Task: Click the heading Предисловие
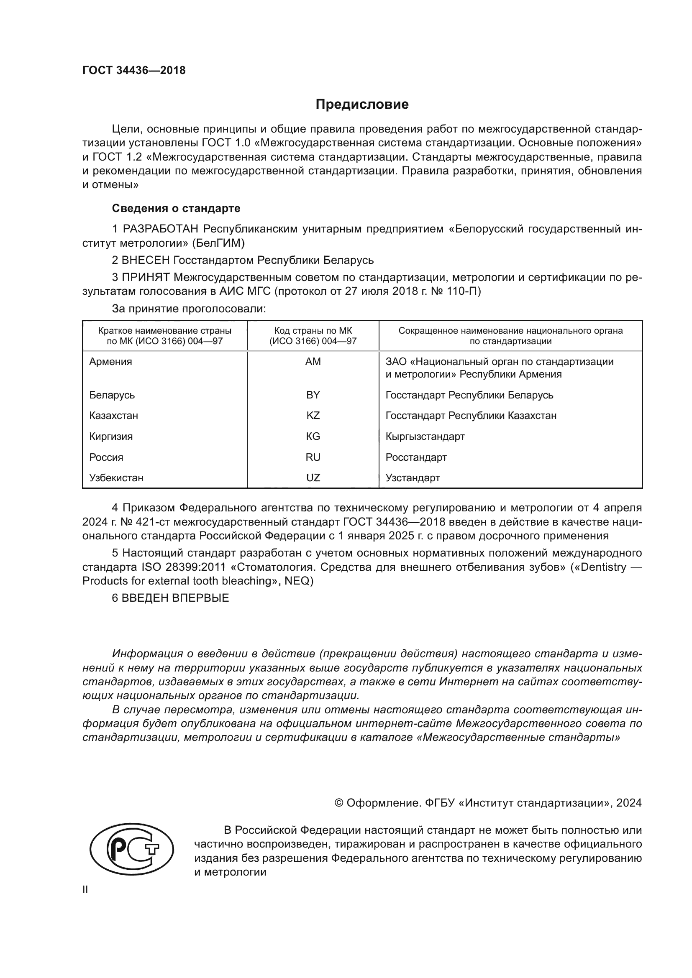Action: coord(362,105)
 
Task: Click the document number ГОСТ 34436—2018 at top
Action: coord(134,71)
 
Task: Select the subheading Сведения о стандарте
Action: coord(176,208)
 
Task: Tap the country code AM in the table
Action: coord(313,362)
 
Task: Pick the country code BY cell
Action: coord(313,395)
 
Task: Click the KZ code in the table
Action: coord(313,415)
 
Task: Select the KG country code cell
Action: coord(313,436)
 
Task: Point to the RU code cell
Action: coord(313,457)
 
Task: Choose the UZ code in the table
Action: coord(313,478)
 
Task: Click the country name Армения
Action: coord(111,362)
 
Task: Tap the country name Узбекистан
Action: coord(116,478)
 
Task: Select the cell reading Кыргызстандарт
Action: coord(425,436)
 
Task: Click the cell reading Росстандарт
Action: coord(416,457)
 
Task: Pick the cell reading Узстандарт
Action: coord(413,478)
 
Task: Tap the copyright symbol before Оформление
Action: coord(339,803)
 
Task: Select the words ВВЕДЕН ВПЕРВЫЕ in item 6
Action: coord(175,598)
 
